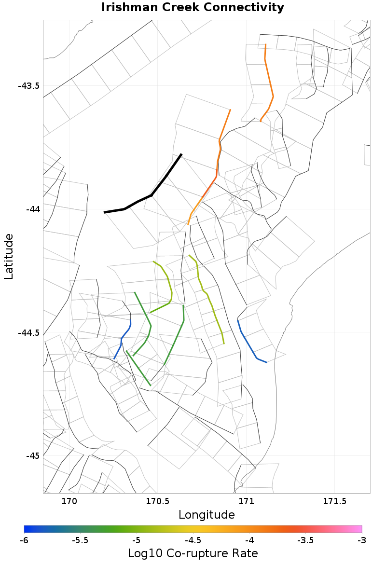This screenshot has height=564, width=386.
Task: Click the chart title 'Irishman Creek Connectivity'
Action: point(193,8)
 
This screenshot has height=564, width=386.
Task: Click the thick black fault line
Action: point(145,198)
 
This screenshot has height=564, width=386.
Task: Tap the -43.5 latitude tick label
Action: point(28,86)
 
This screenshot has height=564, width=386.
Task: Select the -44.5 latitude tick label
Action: point(28,333)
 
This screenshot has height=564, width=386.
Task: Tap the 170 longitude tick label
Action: point(69,501)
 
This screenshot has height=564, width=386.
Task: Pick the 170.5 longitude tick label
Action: point(157,501)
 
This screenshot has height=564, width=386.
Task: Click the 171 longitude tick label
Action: point(246,501)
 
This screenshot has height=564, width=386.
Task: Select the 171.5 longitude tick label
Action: point(334,501)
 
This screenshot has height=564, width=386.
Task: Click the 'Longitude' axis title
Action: point(207,515)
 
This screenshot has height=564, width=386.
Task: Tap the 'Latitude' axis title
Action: point(8,256)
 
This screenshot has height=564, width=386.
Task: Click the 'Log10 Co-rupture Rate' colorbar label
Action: point(193,553)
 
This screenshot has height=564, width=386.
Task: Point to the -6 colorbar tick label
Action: point(24,540)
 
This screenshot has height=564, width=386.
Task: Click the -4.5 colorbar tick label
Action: point(193,540)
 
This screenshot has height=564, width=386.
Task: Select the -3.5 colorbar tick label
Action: point(305,540)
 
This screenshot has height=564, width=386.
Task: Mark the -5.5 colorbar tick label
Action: point(80,540)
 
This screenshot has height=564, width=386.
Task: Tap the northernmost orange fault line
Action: point(269,82)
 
